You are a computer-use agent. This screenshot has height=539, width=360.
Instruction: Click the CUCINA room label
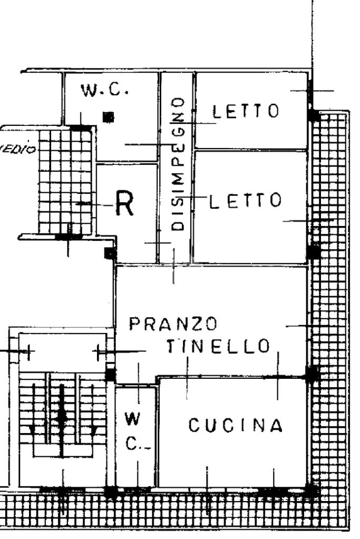pyautogui.click(x=236, y=425)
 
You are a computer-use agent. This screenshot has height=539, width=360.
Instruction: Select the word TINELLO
pyautogui.click(x=218, y=346)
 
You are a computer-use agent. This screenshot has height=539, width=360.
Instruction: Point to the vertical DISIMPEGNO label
pyautogui.click(x=179, y=164)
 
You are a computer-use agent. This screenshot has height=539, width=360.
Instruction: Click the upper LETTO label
pyautogui.click(x=245, y=111)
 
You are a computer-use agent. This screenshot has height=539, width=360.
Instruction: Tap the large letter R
pyautogui.click(x=124, y=206)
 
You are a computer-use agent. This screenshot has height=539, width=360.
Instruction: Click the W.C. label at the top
pyautogui.click(x=104, y=90)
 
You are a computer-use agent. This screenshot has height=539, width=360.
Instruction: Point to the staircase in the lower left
pyautogui.click(x=62, y=416)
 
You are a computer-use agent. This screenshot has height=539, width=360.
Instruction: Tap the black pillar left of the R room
pyautogui.click(x=109, y=253)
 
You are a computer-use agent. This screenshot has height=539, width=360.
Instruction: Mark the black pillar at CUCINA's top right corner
pyautogui.click(x=312, y=374)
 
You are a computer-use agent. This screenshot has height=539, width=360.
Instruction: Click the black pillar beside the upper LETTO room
pyautogui.click(x=314, y=115)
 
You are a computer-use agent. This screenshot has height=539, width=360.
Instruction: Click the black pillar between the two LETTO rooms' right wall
pyautogui.click(x=314, y=252)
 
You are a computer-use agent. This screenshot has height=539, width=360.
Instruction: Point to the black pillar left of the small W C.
pyautogui.click(x=110, y=375)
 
